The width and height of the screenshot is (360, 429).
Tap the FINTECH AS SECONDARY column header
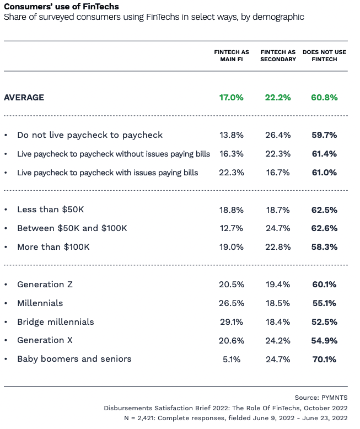point(278,56)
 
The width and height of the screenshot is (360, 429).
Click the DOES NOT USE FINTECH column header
point(324,56)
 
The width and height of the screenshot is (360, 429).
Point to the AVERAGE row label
point(24,98)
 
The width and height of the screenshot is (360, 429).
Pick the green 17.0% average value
point(231,98)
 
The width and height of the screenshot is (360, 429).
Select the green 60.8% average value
point(324,98)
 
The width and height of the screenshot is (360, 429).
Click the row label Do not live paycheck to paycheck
point(90,135)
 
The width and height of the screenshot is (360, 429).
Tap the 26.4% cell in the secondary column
point(278,135)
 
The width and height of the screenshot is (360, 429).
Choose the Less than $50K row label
point(51,210)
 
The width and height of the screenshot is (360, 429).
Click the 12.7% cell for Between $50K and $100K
point(231,228)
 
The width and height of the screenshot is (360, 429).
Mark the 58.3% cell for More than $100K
point(324,247)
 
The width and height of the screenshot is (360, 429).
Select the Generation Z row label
point(45,285)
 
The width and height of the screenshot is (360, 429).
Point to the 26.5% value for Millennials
point(231,303)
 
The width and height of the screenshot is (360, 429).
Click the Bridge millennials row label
point(56,322)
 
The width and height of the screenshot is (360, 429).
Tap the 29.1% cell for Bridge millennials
point(231,322)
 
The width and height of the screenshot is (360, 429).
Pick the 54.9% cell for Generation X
point(324,341)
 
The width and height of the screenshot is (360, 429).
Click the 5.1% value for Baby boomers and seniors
point(231,360)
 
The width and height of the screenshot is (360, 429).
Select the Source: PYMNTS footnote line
point(321,398)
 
